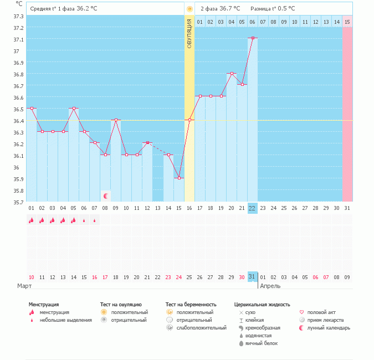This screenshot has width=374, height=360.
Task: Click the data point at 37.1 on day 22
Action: tap(253, 38)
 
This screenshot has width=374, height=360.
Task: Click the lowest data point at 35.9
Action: tap(179, 178)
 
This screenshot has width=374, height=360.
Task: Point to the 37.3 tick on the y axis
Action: tap(18, 16)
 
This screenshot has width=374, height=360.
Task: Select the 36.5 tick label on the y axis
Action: tap(18, 109)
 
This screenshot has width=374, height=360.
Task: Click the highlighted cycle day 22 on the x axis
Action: tap(253, 208)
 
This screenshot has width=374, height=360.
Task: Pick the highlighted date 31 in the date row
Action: tap(253, 276)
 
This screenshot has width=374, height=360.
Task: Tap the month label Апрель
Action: tap(270, 286)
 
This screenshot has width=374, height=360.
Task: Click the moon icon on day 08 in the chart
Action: tap(105, 196)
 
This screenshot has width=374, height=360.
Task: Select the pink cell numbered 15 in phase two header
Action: tap(347, 22)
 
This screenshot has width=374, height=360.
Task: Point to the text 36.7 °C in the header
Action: tap(229, 8)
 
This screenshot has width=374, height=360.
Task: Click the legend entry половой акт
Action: tap(321, 312)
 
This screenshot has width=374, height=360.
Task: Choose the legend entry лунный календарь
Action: tap(329, 328)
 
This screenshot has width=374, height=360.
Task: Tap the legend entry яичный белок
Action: tap(261, 343)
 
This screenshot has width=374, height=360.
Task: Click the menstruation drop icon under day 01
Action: tap(32, 220)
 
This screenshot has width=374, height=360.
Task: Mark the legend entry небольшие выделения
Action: tap(65, 320)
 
